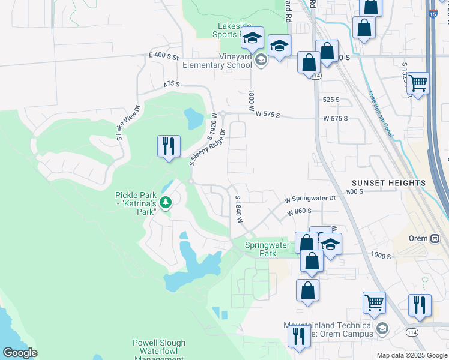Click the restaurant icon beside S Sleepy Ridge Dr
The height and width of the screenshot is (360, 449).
tap(168, 146)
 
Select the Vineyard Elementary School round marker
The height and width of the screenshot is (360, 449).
tap(261, 59)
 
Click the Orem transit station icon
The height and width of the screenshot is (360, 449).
tap(433, 238)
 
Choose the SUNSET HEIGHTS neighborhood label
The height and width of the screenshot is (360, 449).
tap(388, 182)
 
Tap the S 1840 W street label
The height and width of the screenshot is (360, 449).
tap(238, 208)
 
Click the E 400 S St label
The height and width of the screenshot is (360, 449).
tap(164, 56)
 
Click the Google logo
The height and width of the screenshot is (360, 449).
tap(20, 353)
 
